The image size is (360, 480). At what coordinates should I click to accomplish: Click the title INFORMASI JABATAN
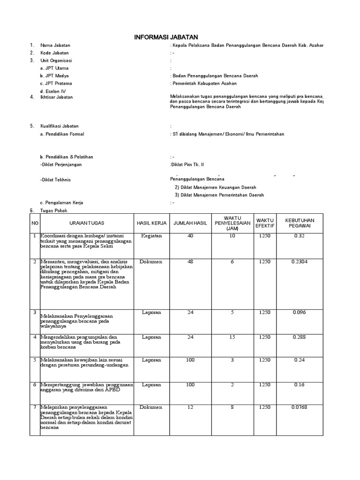166,37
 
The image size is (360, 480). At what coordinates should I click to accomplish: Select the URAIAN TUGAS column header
87,223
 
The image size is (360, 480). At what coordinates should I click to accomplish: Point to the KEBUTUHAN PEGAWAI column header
300,223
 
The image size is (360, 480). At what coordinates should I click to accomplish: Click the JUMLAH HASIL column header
190,223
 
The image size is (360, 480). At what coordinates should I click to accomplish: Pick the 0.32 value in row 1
300,236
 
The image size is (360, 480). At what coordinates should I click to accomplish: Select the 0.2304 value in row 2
300,262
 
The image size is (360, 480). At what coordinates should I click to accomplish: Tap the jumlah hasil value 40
190,236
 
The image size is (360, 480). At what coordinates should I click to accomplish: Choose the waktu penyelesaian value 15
232,337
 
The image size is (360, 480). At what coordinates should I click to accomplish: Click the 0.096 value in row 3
300,312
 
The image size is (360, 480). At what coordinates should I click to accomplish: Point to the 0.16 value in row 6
300,385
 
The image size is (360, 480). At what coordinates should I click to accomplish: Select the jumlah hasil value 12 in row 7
190,407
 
